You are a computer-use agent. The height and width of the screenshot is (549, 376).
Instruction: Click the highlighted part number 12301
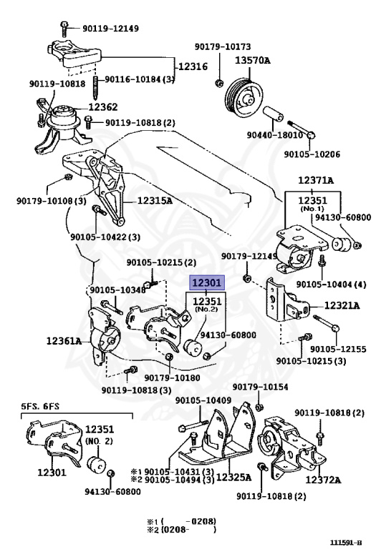[x=206, y=282]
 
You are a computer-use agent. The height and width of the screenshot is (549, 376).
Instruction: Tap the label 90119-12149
[x=111, y=29]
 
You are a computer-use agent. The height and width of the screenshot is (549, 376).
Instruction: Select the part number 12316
[x=193, y=66]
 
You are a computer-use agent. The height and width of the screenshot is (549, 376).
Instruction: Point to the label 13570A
[x=253, y=60]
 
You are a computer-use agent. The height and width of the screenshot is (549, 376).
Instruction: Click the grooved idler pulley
[x=243, y=98]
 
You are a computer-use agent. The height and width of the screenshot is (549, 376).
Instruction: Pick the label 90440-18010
[x=274, y=135]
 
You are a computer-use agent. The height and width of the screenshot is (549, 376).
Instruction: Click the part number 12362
[x=102, y=107]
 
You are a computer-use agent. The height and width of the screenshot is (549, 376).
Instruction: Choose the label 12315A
[x=155, y=201]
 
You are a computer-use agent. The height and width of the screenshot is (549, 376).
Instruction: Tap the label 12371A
[x=316, y=180]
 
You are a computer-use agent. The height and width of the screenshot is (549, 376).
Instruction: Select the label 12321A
[x=342, y=306]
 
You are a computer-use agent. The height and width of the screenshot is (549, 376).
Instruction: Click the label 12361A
[x=64, y=340]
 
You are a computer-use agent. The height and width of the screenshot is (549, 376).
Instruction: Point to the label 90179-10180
[x=172, y=377]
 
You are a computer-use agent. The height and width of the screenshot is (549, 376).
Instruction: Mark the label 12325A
[x=234, y=478]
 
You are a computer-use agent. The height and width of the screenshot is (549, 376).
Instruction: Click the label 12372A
[x=323, y=480]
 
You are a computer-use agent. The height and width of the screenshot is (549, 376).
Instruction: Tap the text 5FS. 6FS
[x=40, y=407]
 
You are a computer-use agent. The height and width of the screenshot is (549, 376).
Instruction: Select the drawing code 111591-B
[x=345, y=543]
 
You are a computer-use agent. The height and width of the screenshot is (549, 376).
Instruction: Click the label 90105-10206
[x=312, y=154]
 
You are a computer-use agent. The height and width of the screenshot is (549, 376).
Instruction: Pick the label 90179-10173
[x=223, y=46]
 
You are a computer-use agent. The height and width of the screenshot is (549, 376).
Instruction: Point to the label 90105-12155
[x=338, y=349]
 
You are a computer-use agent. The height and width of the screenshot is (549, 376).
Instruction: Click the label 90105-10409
[x=203, y=400]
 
